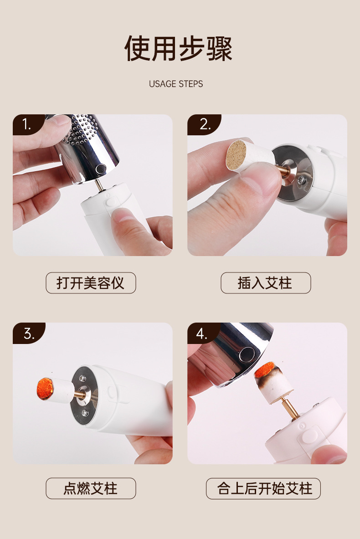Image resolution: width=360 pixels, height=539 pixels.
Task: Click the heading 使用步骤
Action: coord(178,48)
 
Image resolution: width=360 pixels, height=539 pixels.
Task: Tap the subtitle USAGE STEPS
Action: coord(176,84)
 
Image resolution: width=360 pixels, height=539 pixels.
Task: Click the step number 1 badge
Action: coord(27,124)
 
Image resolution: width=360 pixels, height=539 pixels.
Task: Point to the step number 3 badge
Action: coord(29,333)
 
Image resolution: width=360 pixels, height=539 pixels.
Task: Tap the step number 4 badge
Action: coord(203,333)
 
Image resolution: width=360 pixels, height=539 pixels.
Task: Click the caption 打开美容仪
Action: coord(91,283)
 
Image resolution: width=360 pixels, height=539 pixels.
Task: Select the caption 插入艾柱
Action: coord(266,283)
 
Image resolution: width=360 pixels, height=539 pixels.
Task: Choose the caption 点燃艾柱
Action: coord(91,488)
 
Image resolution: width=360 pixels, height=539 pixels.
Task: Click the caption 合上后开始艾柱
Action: coord(263,488)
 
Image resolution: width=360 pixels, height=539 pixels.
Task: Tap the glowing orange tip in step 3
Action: coord(45,389)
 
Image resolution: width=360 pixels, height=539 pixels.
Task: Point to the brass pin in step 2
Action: coord(282,169)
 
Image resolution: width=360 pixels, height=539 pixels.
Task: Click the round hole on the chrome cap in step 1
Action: coord(101,169)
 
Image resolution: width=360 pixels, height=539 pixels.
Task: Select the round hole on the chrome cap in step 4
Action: coord(247,354)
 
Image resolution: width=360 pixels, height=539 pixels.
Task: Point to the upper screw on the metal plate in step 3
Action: coord(82,378)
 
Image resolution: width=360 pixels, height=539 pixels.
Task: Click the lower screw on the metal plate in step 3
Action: coord(85,412)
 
